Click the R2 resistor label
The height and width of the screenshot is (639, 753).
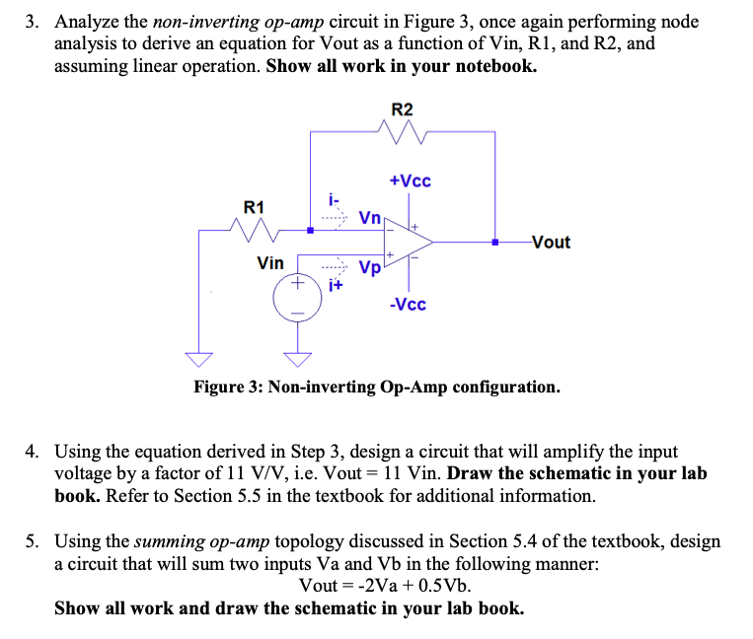[403, 108]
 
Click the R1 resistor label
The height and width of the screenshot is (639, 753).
[254, 207]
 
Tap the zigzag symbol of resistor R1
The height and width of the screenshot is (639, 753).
[254, 232]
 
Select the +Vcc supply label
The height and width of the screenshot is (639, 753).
[410, 181]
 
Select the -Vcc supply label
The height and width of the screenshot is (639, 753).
[408, 305]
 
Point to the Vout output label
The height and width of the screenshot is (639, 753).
[550, 242]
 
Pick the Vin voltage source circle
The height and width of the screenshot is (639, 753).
[293, 295]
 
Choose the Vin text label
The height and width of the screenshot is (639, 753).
[269, 263]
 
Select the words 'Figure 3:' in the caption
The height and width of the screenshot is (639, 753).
[228, 387]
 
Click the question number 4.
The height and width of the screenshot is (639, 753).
[32, 452]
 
